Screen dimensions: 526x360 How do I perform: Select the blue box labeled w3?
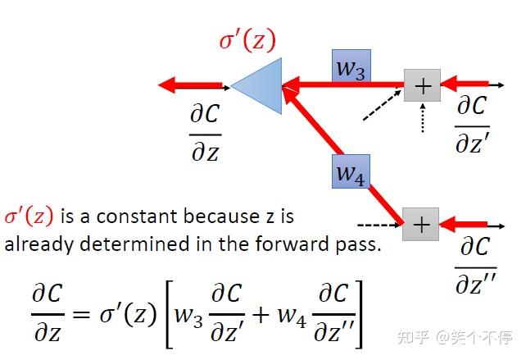pos(351,66)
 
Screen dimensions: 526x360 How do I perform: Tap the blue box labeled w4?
pos(351,171)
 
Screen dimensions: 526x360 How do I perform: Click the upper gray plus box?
pos(422,85)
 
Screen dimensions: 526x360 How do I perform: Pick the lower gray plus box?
pos(420,224)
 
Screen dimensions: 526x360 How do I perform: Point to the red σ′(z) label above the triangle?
pos(247,39)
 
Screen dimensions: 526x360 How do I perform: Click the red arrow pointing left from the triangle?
pos(190,85)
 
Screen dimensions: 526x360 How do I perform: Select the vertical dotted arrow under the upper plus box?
pos(423,118)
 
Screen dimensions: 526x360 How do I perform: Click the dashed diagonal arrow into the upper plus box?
pos(383,104)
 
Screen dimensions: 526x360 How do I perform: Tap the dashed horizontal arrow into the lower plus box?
pos(379,225)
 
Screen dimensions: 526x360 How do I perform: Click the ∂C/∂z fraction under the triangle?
pos(206,132)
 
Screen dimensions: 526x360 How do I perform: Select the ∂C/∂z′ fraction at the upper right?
pos(472,125)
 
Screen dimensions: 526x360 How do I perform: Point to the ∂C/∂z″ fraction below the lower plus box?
pos(476,266)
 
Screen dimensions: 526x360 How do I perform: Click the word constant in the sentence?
pos(138,216)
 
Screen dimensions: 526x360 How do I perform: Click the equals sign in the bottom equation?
pos(81,315)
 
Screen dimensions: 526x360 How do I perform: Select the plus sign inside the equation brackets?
pos(261,315)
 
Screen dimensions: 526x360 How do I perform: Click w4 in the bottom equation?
pos(291,317)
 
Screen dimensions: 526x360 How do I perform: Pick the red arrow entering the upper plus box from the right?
pos(465,84)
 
